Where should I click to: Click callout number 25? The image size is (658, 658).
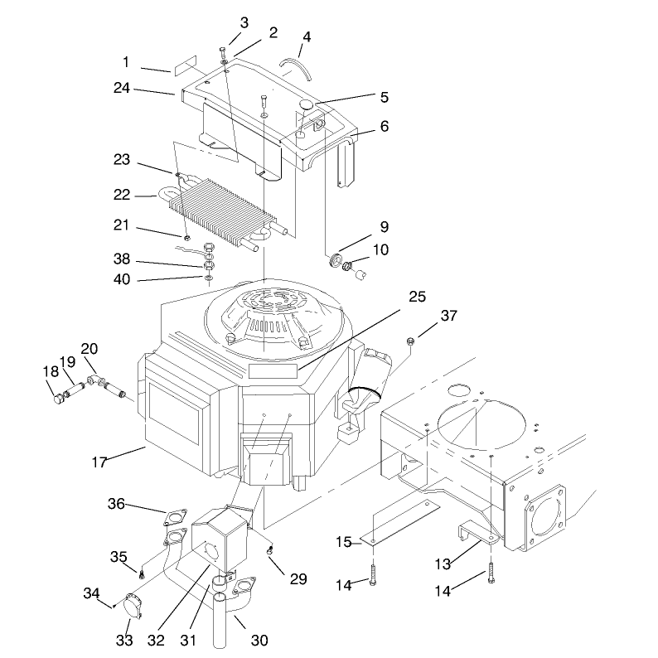coord(417,297)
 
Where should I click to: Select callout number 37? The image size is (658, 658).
coord(448,316)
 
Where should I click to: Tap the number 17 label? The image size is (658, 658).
coord(99,462)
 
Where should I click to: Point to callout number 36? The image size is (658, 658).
coord(116,503)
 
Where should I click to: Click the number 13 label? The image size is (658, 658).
coord(443,564)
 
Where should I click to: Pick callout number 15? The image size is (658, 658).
coord(344,542)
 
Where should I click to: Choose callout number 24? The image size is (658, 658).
coord(122,88)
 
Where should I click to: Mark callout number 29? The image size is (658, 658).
coord(298,579)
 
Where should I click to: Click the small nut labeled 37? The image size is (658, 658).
coord(411,341)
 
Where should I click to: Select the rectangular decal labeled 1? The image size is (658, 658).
coord(184,65)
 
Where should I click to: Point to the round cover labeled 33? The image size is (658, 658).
coord(133,606)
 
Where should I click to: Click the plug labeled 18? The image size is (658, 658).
coord(58,398)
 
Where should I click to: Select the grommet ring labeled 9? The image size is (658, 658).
coord(336,259)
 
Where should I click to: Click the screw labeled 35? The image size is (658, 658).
coord(142,575)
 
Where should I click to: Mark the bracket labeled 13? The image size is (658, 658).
coord(477,533)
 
